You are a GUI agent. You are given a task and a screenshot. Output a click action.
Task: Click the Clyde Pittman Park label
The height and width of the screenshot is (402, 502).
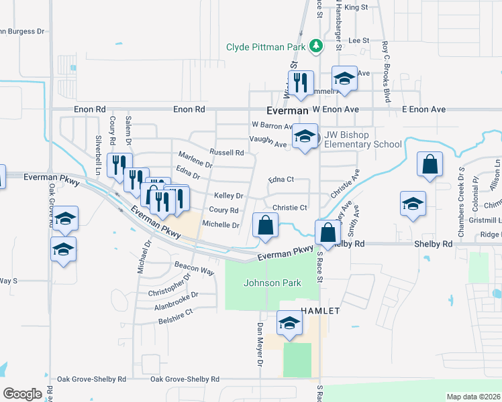266,48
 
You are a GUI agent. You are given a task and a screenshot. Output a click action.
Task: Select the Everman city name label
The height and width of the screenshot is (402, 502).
287,110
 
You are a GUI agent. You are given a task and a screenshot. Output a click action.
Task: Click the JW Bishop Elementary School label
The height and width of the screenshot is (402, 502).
363,139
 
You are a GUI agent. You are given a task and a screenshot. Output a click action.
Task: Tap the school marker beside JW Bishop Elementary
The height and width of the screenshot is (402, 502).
305,138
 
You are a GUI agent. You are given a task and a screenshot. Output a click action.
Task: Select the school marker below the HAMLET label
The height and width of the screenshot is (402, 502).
289,324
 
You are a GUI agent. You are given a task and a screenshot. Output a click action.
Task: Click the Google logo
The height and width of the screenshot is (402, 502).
22,393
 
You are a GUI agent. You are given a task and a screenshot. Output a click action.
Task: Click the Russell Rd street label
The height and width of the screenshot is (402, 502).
226,152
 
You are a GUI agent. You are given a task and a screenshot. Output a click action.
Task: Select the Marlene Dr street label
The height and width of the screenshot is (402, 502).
195,163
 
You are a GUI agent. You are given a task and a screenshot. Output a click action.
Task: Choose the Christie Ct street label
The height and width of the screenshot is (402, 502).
289,208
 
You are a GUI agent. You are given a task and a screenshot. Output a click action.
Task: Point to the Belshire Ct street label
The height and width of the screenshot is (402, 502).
175,312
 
